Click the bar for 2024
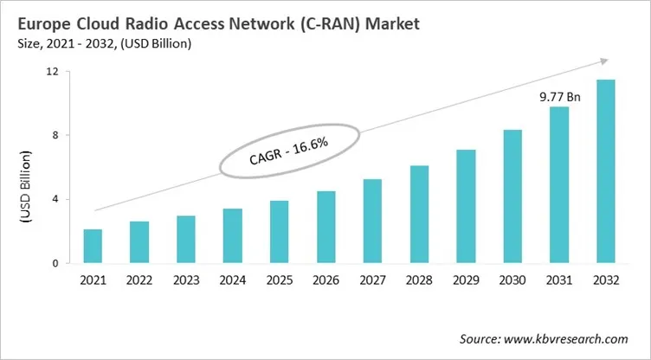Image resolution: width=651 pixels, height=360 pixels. pos(232,235)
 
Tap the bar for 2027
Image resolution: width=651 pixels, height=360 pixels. pos(371,221)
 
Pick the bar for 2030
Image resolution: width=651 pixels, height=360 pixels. pos(512,196)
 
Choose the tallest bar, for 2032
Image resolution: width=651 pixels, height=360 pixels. pos(605,171)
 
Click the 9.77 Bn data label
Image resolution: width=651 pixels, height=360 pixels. pos(558,97)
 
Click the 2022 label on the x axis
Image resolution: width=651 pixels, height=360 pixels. pos(139,281)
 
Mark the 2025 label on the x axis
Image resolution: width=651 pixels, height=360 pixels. pos(279,281)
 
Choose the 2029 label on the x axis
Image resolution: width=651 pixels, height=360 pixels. pos(465,281)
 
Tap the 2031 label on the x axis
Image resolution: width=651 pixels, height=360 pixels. pos(558,281)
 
